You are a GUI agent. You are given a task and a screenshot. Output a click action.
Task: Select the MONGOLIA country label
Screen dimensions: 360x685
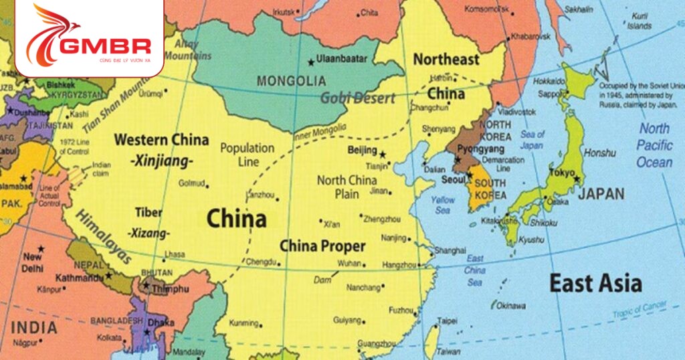tap(292, 81)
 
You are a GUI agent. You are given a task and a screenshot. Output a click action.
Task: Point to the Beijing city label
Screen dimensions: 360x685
tap(363, 151)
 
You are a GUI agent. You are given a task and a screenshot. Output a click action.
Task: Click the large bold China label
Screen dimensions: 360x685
tap(236, 218)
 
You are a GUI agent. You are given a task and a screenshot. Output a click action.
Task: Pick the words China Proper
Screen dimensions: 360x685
tap(322, 246)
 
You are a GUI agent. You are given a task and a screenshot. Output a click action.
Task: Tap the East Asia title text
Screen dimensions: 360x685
tap(595, 283)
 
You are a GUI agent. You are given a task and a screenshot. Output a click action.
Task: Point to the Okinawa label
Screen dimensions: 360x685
tap(511, 305)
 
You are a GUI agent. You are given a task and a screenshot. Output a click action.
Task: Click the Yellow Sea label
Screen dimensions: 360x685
tap(443, 205)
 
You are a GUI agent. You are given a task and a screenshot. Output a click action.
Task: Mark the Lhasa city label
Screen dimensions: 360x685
tap(175, 254)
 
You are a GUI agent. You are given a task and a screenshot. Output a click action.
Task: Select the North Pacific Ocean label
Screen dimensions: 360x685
tap(654, 145)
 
